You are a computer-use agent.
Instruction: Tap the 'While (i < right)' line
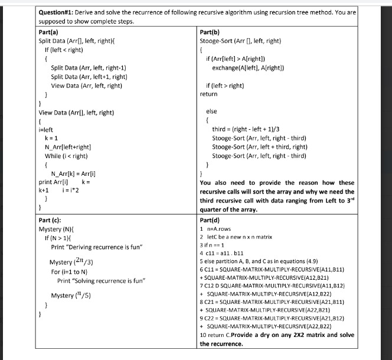67,156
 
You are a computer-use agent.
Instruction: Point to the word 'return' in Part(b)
208,94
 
